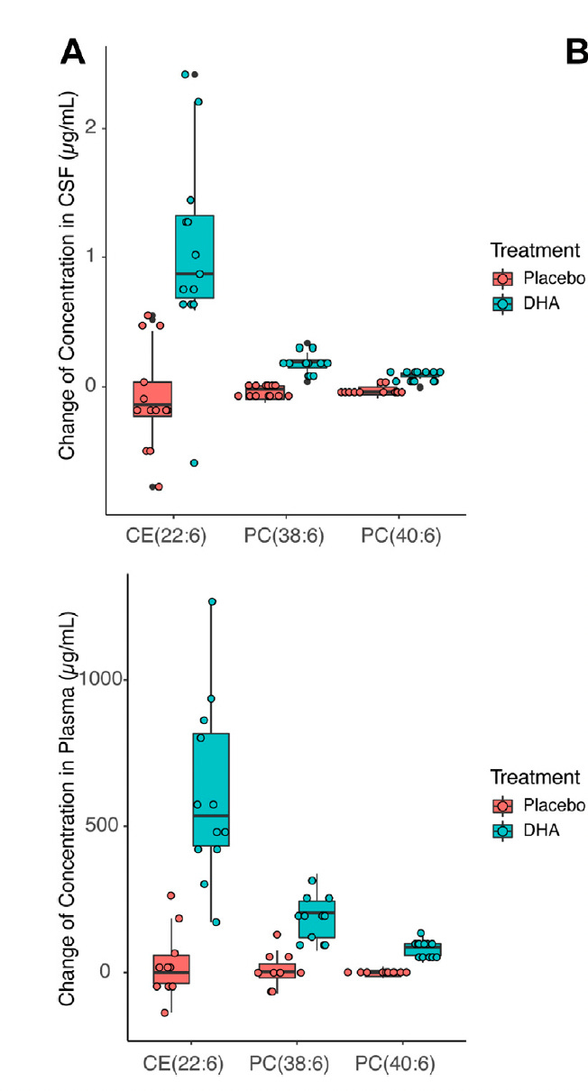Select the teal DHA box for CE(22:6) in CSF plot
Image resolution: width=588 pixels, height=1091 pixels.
195,257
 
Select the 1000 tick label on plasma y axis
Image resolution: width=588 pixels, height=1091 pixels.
101,679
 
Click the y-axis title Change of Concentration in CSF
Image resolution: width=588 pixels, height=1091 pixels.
68,280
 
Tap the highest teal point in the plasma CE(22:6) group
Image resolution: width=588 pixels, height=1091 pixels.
212,601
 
